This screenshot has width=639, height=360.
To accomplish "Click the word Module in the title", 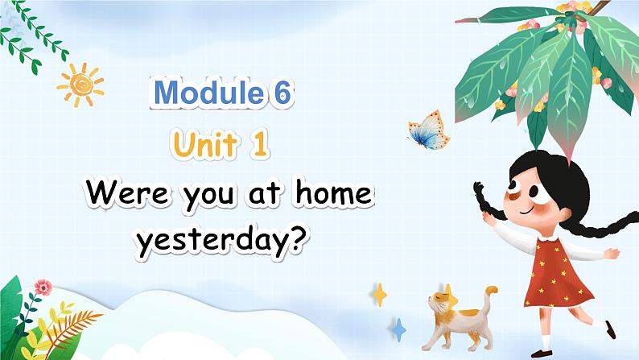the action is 208,93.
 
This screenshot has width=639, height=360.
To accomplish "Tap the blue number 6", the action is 282,93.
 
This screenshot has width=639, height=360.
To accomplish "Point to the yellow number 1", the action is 260,144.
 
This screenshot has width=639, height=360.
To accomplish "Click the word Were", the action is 126,192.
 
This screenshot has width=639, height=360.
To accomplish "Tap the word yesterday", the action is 211,241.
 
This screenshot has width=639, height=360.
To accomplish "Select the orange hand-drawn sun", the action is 80,85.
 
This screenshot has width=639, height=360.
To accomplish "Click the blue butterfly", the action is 429,130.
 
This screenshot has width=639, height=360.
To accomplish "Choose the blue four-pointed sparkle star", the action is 398,330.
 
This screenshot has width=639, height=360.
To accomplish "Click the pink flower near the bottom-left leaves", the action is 43,288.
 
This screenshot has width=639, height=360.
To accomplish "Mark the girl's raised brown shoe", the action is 610,329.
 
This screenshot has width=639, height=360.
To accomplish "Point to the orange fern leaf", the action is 73,325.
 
